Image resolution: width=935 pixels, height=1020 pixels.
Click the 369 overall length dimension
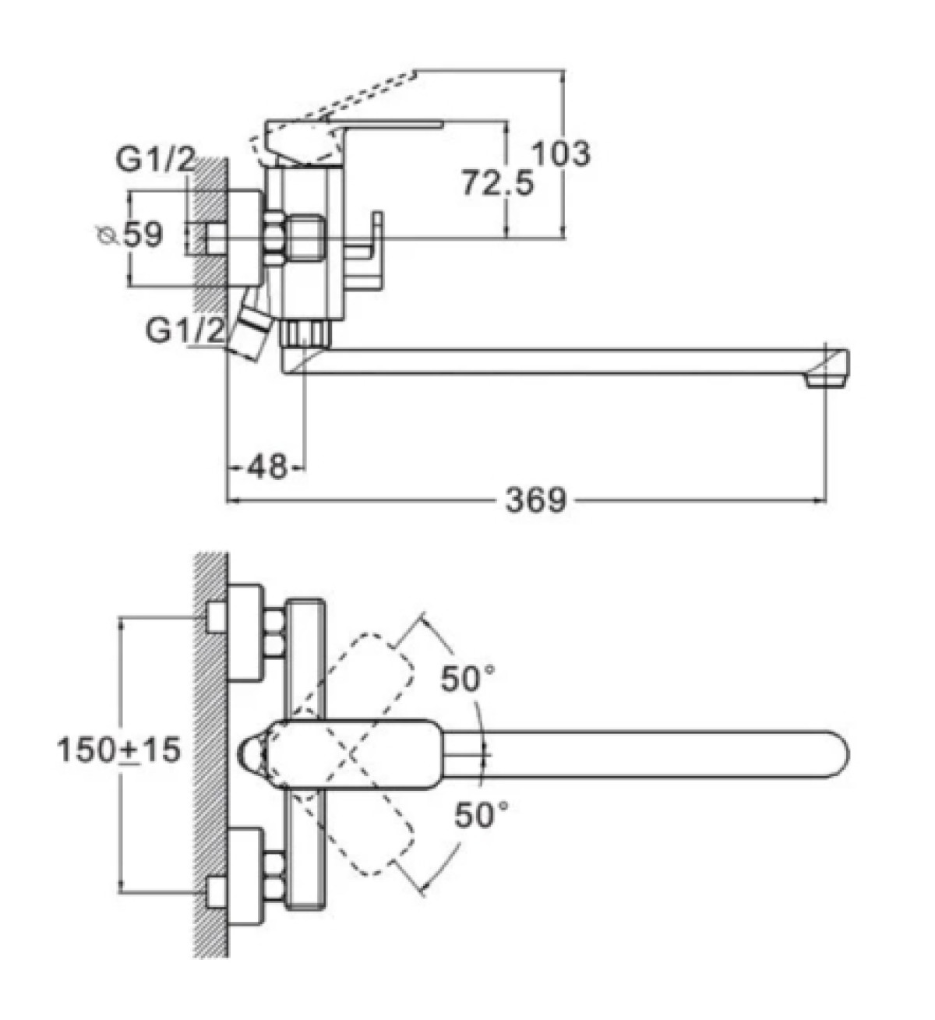point(535,500)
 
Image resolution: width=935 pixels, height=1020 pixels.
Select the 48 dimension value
point(269,466)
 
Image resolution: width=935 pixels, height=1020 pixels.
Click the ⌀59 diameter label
point(130,235)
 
